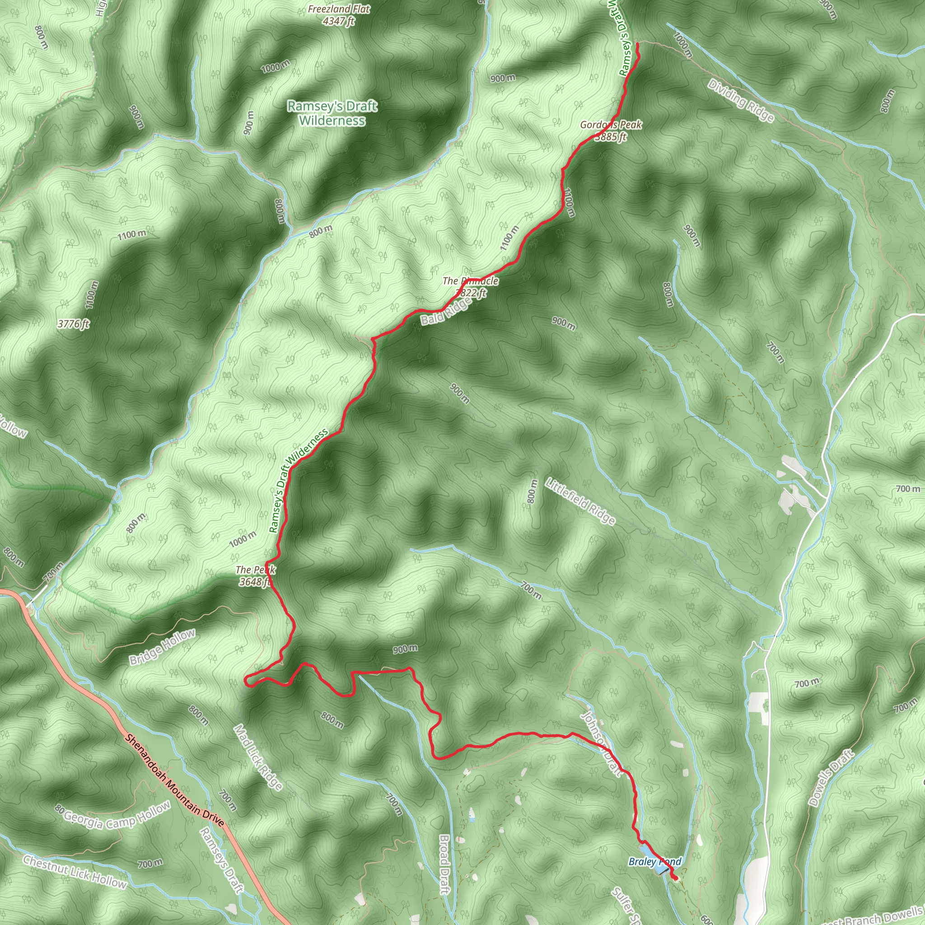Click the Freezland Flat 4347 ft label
pyautogui.click(x=338, y=15)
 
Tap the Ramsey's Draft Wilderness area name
pyautogui.click(x=332, y=113)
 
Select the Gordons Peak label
pyautogui.click(x=611, y=130)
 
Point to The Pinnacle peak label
pyautogui.click(x=470, y=286)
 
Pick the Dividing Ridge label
pyautogui.click(x=740, y=101)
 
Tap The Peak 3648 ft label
pyautogui.click(x=255, y=575)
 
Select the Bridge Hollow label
pyautogui.click(x=162, y=647)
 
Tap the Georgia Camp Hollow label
pyautogui.click(x=113, y=818)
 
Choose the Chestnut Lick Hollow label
pyautogui.click(x=75, y=871)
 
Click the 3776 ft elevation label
pyautogui.click(x=74, y=324)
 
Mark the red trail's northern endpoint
pyautogui.click(x=638, y=44)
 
